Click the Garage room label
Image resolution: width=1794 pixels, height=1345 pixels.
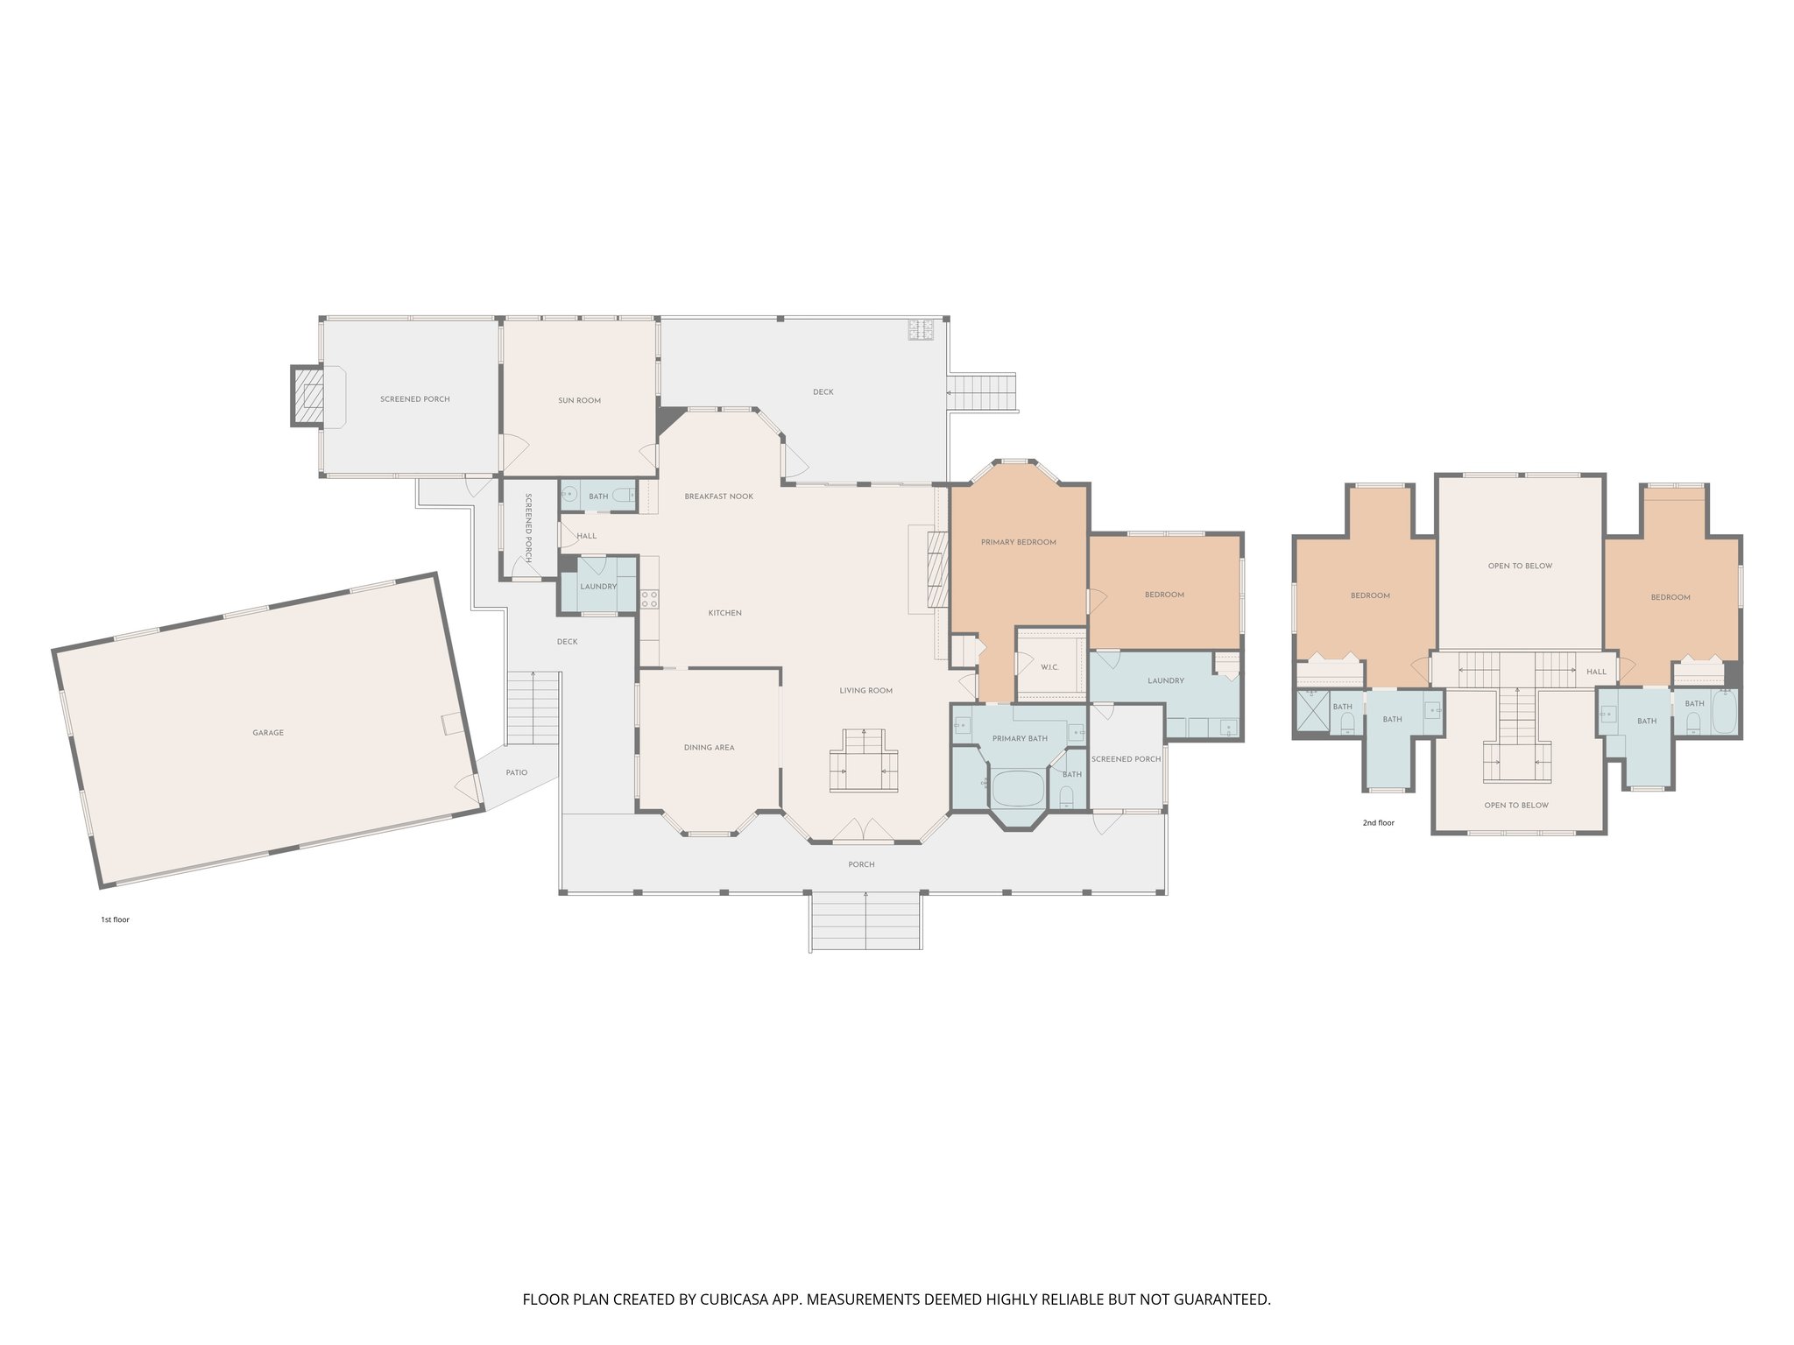pos(268,733)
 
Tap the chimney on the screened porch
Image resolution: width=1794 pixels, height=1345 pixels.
pos(307,397)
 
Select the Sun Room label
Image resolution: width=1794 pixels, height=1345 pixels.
pos(579,400)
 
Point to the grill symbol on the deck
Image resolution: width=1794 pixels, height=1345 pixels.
pos(921,329)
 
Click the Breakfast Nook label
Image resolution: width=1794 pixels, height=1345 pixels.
pos(718,496)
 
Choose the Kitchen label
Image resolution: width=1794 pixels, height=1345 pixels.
pos(724,613)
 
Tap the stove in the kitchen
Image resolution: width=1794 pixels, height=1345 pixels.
pos(650,599)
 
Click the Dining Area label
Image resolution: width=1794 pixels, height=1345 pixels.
pos(709,748)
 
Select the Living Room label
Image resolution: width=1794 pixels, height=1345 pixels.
pos(865,691)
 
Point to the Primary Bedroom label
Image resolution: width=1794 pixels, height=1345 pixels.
pos(1018,542)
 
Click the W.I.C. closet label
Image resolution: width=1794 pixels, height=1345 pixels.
pos(1050,667)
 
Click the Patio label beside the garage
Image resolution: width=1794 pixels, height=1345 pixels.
pos(516,772)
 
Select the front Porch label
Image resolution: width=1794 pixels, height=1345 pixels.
pos(861,864)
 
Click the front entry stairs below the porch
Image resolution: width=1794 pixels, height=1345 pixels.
pos(865,920)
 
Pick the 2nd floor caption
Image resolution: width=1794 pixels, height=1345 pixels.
pos(1378,823)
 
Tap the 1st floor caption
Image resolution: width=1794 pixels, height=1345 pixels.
pos(115,919)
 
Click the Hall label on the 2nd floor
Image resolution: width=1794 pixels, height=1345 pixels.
pos(1596,672)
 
